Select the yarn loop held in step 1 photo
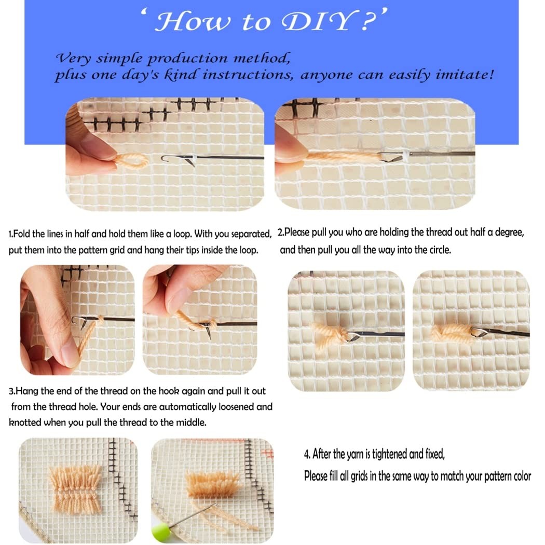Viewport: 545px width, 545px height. click(131, 161)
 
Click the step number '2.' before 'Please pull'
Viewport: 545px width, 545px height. click(281, 232)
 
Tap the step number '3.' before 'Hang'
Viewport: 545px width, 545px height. click(12, 391)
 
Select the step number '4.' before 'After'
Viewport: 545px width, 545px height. click(307, 454)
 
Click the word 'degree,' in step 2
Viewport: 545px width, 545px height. click(510, 233)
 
